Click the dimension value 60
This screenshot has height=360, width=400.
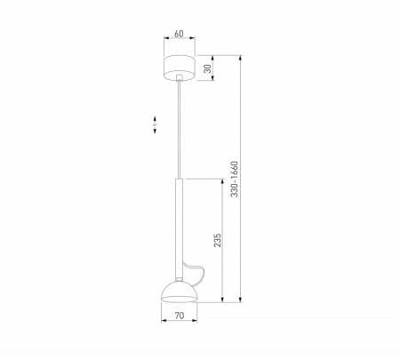179,34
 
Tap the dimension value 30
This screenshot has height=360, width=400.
208,68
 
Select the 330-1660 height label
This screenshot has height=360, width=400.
234,179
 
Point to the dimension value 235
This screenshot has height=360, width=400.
217,240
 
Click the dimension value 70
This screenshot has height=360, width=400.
180,316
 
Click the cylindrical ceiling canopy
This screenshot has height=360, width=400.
180,68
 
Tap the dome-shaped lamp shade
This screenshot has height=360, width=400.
179,292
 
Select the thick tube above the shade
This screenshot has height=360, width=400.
179,229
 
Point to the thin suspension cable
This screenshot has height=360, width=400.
179,130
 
